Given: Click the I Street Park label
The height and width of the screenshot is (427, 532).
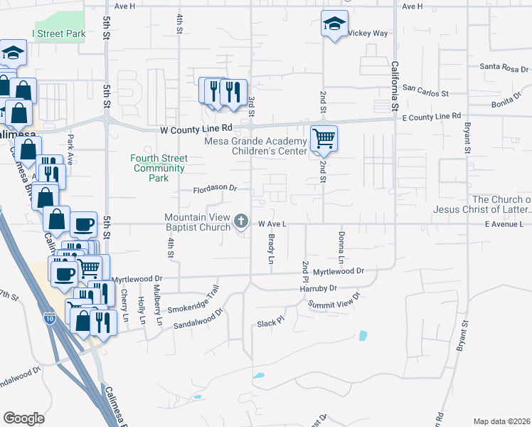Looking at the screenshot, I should [58, 33].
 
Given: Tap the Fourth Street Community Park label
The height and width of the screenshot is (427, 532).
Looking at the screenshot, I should [158, 168].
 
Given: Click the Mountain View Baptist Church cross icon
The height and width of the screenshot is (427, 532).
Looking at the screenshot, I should [241, 222].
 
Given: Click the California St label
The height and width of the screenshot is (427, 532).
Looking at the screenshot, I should [393, 86].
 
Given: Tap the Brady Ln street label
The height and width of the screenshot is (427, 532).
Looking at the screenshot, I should [271, 251].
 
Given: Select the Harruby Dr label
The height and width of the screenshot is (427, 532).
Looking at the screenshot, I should [318, 288].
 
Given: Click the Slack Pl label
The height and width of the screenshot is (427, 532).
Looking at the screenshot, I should [270, 321].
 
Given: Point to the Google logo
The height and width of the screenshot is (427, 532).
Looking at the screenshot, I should [23, 418].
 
